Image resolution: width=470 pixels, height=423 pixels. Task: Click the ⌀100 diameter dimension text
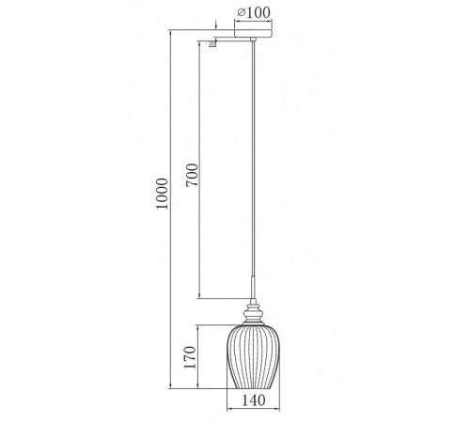[x=254, y=13]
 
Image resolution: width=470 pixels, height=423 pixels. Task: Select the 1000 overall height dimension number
[x=163, y=194]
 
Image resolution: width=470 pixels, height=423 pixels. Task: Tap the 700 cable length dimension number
[x=192, y=175]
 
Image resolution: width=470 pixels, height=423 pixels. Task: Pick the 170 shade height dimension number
[x=190, y=357]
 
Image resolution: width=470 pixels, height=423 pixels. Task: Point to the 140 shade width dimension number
[x=254, y=400]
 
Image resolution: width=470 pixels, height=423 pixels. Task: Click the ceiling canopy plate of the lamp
[x=254, y=33]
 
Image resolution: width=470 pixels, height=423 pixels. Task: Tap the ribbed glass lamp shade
[x=253, y=356]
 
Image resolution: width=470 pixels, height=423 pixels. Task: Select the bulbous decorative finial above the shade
[x=253, y=314]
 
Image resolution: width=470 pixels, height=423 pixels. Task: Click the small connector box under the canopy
[x=253, y=39]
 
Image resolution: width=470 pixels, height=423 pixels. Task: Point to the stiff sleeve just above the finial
[x=253, y=288]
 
